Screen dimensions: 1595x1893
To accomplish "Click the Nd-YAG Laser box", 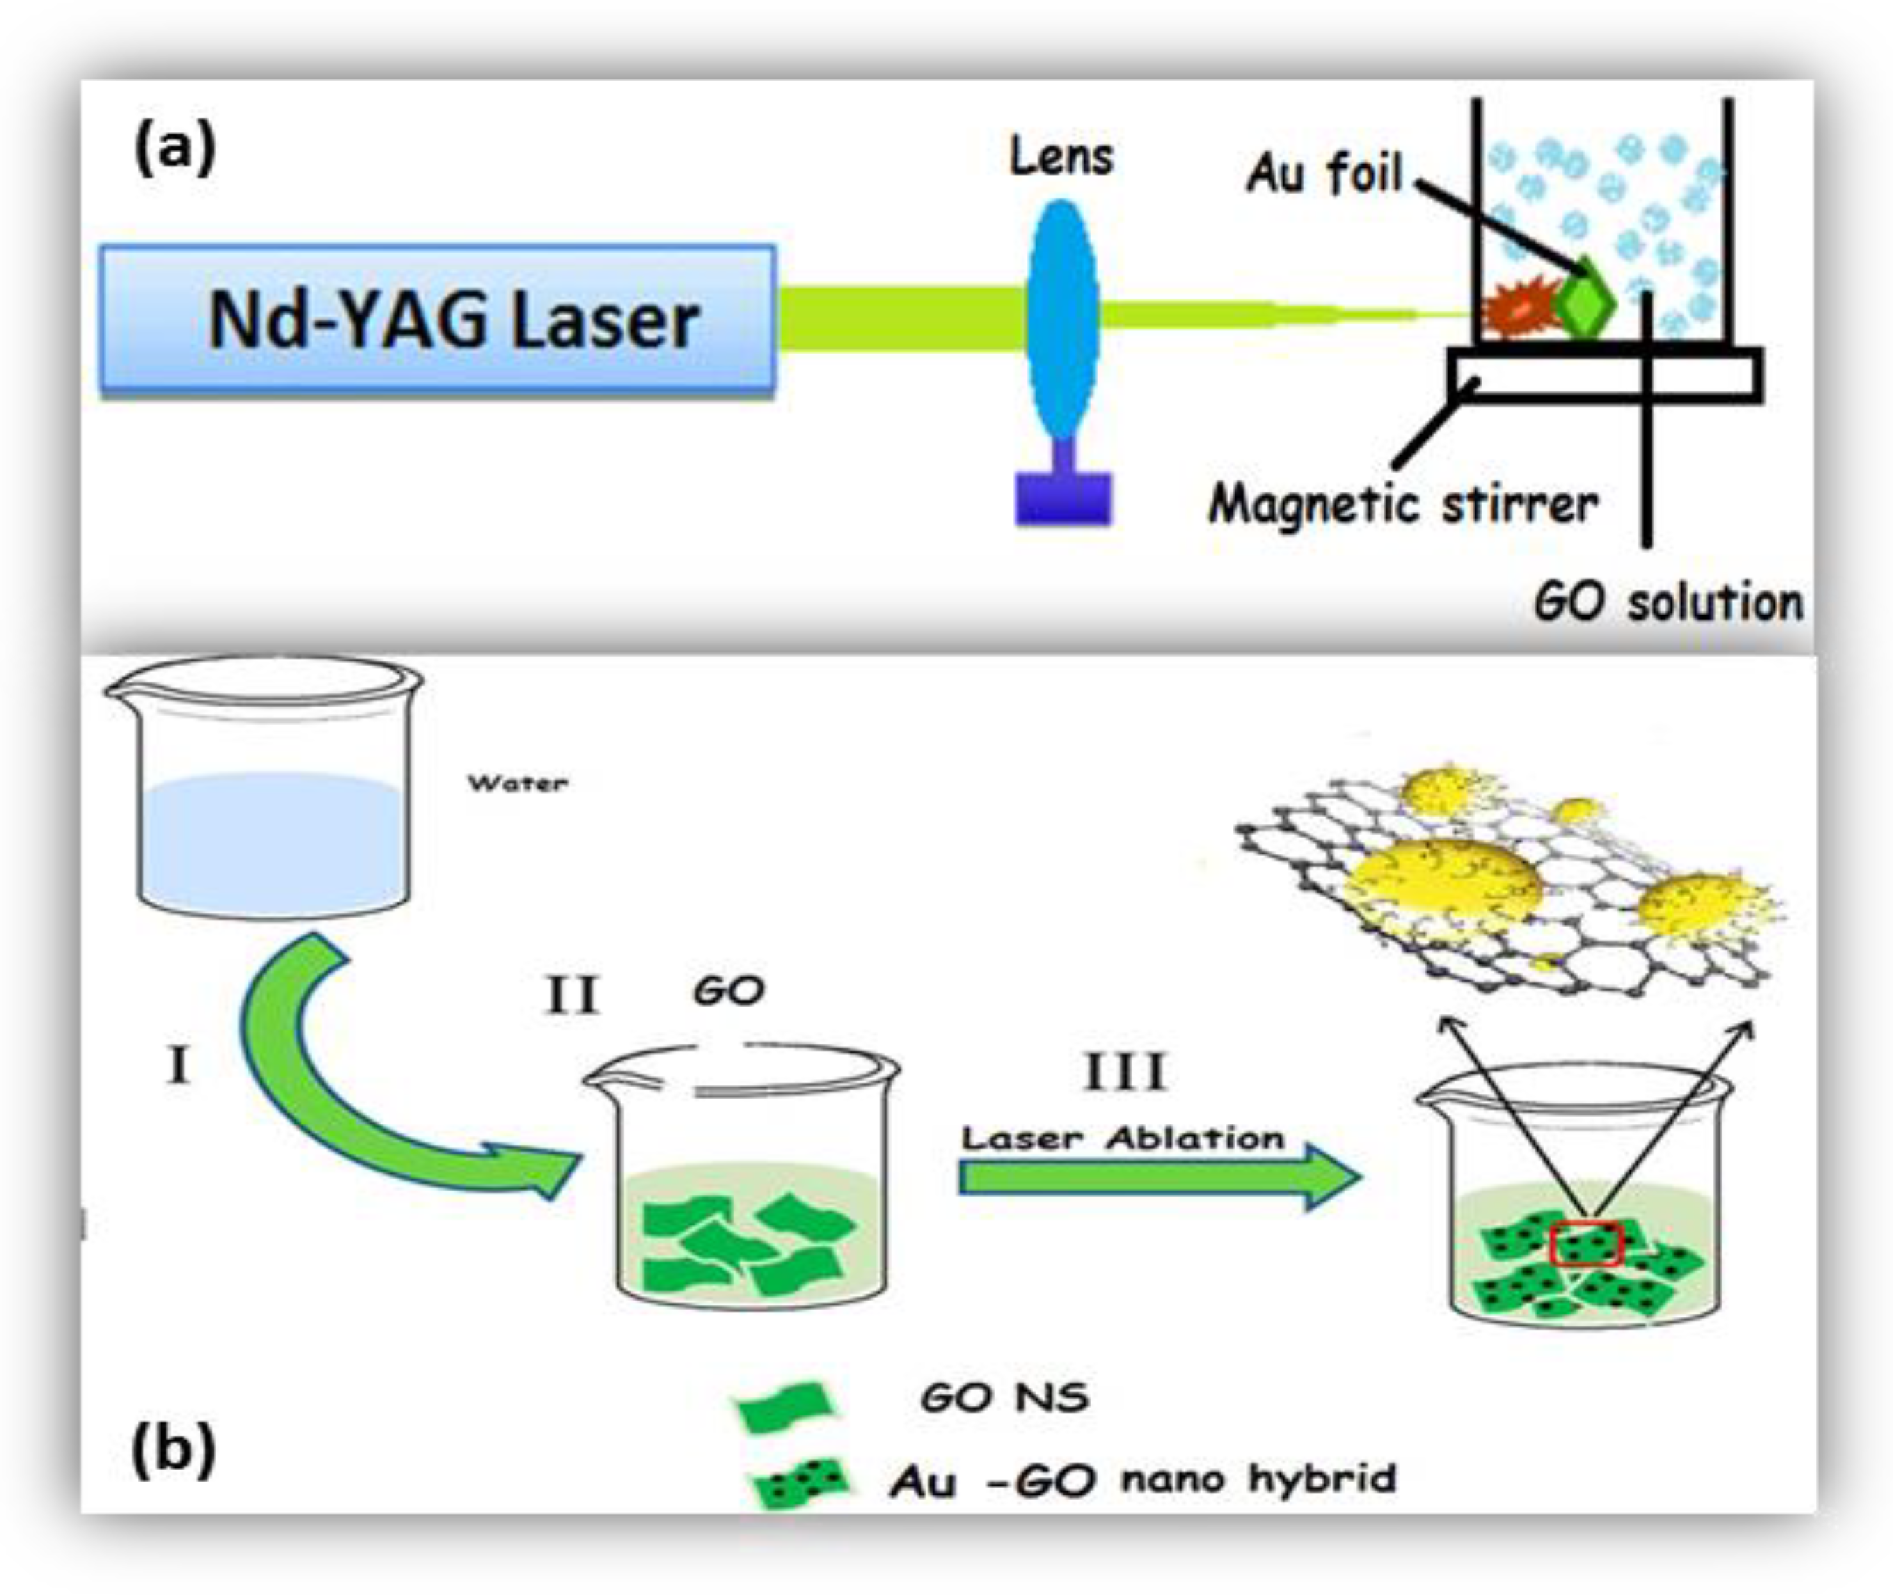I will pyautogui.click(x=438, y=320).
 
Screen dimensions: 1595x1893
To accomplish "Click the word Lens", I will pyautogui.click(x=1061, y=157).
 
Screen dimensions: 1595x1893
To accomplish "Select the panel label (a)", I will pyautogui.click(x=175, y=148).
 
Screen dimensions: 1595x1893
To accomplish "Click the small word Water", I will pyautogui.click(x=517, y=783).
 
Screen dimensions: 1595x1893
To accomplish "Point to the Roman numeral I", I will pyautogui.click(x=178, y=1064).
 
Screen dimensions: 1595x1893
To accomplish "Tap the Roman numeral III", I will pyautogui.click(x=1124, y=1074).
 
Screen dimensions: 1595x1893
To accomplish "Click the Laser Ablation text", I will pyautogui.click(x=1122, y=1138).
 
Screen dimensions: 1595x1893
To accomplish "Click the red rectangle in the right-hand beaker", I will pyautogui.click(x=1587, y=1245).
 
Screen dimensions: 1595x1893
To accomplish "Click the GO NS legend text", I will pyautogui.click(x=1004, y=1398).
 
